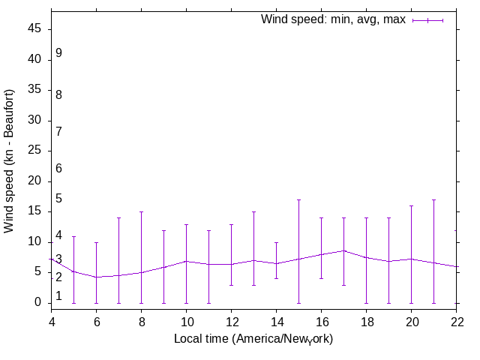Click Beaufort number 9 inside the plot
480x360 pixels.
click(58, 53)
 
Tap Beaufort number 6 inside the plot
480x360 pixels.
click(58, 169)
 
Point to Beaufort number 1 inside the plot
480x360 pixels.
click(58, 296)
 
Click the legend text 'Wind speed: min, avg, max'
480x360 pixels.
click(332, 19)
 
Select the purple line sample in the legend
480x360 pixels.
click(427, 20)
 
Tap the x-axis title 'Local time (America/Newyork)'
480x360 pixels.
click(253, 339)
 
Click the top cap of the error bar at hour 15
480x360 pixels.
click(298, 199)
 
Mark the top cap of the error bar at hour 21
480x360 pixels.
click(433, 199)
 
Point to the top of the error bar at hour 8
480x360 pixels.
click(141, 211)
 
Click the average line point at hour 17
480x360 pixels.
click(343, 250)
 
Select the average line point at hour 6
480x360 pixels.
click(96, 277)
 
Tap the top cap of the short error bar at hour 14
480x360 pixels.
click(276, 242)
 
